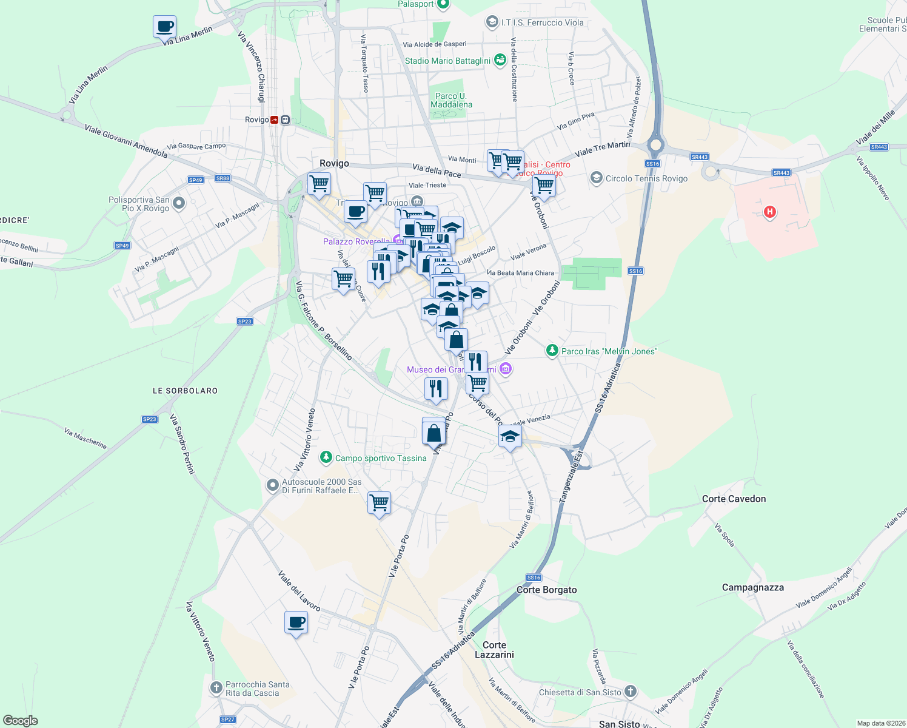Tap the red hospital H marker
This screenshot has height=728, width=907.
[x=769, y=212]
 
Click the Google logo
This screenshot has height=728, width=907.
[x=21, y=721]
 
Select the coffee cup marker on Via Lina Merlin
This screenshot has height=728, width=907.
[x=165, y=27]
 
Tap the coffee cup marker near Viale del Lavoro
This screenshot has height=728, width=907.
[x=296, y=622]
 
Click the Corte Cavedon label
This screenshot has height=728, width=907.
[x=734, y=499]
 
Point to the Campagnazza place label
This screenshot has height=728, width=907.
[x=752, y=587]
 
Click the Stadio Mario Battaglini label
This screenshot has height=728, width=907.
[x=447, y=61]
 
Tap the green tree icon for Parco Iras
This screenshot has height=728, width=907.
[x=552, y=351]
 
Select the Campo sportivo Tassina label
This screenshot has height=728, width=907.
[x=381, y=458]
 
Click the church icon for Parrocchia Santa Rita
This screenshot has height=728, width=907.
[x=216, y=688]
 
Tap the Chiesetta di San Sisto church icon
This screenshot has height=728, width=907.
[x=631, y=692]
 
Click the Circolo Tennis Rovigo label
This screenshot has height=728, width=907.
[x=646, y=178]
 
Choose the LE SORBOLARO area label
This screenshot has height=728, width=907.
[x=185, y=391]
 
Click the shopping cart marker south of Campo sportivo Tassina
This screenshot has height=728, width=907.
[x=379, y=502]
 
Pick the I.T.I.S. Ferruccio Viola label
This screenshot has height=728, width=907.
[x=542, y=22]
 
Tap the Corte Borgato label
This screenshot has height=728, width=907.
[x=546, y=590]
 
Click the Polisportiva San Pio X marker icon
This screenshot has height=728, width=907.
[x=179, y=203]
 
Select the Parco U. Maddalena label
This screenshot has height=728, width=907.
[x=451, y=100]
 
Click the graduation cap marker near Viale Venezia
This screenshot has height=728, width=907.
[x=510, y=436]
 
